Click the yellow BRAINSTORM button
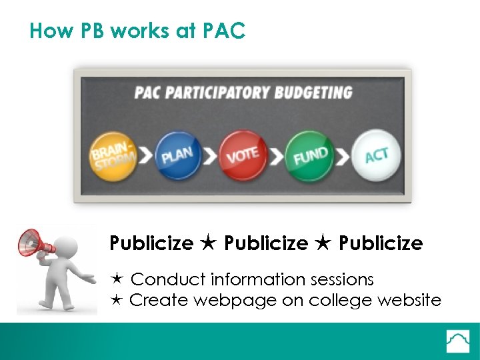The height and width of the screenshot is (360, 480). coord(112,155)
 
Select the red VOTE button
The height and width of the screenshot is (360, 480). coord(242,155)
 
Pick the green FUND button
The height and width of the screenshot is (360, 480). coord(309,155)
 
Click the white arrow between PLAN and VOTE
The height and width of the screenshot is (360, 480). coord(209,157)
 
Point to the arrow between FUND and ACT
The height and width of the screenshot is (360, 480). coord(343,157)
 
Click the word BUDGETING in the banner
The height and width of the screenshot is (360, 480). coord(311,93)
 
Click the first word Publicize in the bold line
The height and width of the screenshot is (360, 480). coord(151,243)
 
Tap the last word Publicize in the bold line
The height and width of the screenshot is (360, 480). coord(381,243)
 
